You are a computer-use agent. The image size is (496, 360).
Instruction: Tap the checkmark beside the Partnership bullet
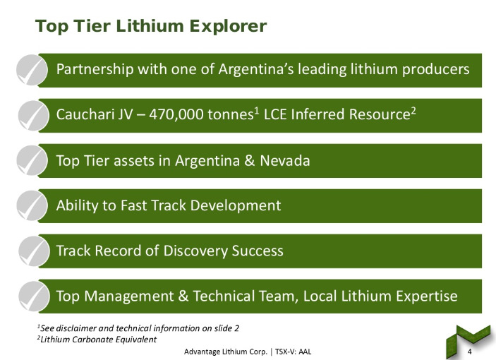click(32, 70)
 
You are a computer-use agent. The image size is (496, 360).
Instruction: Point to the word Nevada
click(285, 160)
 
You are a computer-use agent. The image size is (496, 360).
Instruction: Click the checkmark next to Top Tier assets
click(32, 160)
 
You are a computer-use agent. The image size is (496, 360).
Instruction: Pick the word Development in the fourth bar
click(236, 206)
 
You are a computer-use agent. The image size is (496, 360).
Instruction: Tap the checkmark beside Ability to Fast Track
click(32, 205)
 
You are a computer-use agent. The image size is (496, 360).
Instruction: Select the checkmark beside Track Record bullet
click(34, 251)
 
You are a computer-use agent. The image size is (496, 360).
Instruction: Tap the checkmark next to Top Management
click(34, 296)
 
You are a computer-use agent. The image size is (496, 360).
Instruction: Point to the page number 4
click(469, 352)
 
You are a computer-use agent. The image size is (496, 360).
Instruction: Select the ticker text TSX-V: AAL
click(294, 352)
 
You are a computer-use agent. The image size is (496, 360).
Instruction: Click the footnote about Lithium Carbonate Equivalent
click(97, 340)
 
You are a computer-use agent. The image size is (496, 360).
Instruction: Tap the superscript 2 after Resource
click(413, 110)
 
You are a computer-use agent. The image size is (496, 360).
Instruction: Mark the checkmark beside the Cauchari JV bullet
click(34, 116)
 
